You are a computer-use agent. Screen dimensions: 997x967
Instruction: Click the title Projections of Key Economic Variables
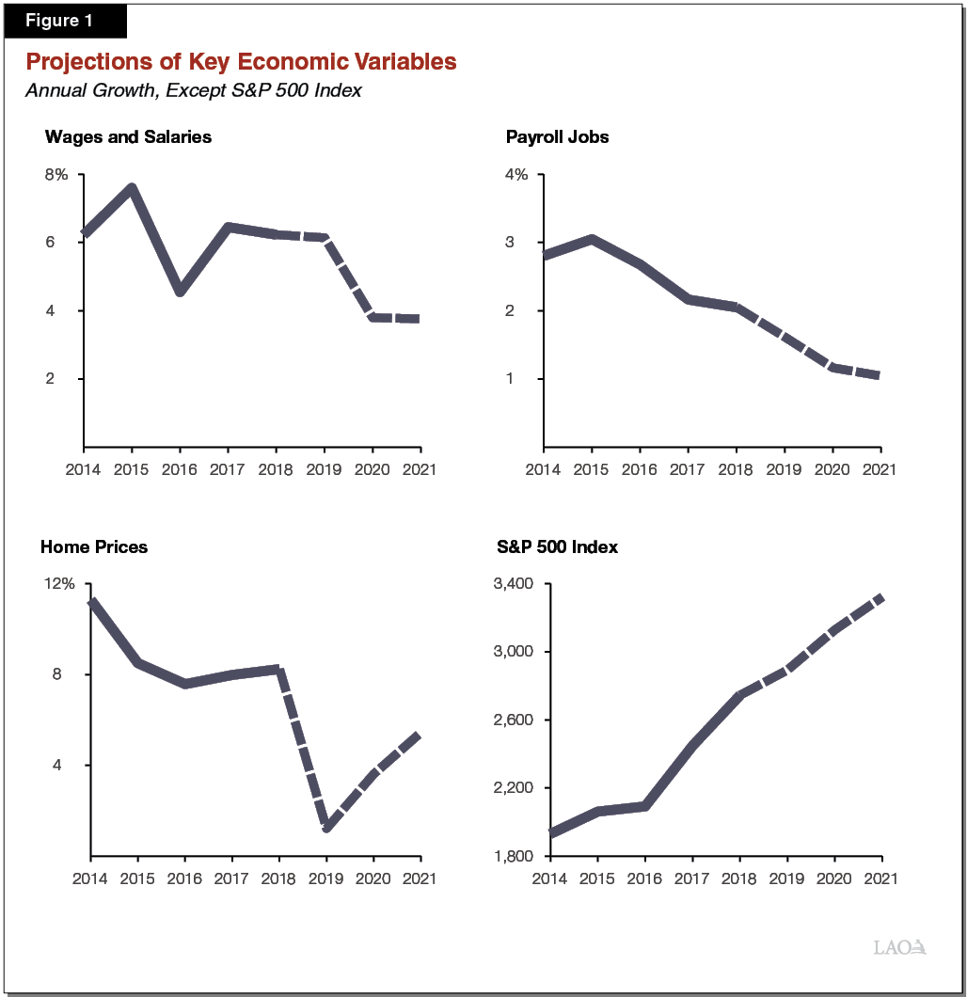coord(241,62)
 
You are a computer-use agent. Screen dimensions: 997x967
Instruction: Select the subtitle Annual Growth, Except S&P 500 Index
coord(194,90)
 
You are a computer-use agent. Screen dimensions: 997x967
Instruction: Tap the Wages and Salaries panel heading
coord(128,137)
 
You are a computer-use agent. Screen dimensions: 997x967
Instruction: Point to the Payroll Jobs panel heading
coord(557,137)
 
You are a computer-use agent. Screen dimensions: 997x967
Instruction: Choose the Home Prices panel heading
coord(94,546)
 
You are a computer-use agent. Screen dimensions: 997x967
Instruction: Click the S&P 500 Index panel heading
coord(557,546)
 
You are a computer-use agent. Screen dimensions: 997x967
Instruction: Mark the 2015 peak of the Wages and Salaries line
coord(132,188)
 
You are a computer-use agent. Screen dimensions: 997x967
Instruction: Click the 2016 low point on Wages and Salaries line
coord(180,292)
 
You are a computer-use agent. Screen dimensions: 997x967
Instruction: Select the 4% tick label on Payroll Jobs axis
coord(516,175)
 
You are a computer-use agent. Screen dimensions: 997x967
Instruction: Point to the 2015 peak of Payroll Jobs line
coord(591,239)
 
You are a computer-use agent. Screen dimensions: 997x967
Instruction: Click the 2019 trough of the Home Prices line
coord(326,827)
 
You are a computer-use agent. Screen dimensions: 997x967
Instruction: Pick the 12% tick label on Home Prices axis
coord(58,583)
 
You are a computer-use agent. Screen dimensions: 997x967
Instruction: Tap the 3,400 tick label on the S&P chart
coord(514,583)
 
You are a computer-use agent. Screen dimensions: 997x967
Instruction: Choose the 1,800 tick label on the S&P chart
coord(514,856)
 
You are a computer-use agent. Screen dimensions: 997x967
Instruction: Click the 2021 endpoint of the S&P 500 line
coord(880,597)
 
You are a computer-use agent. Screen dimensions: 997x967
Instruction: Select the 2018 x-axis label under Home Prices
coord(278,878)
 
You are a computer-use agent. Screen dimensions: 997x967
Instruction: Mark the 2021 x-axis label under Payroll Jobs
coord(880,468)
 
